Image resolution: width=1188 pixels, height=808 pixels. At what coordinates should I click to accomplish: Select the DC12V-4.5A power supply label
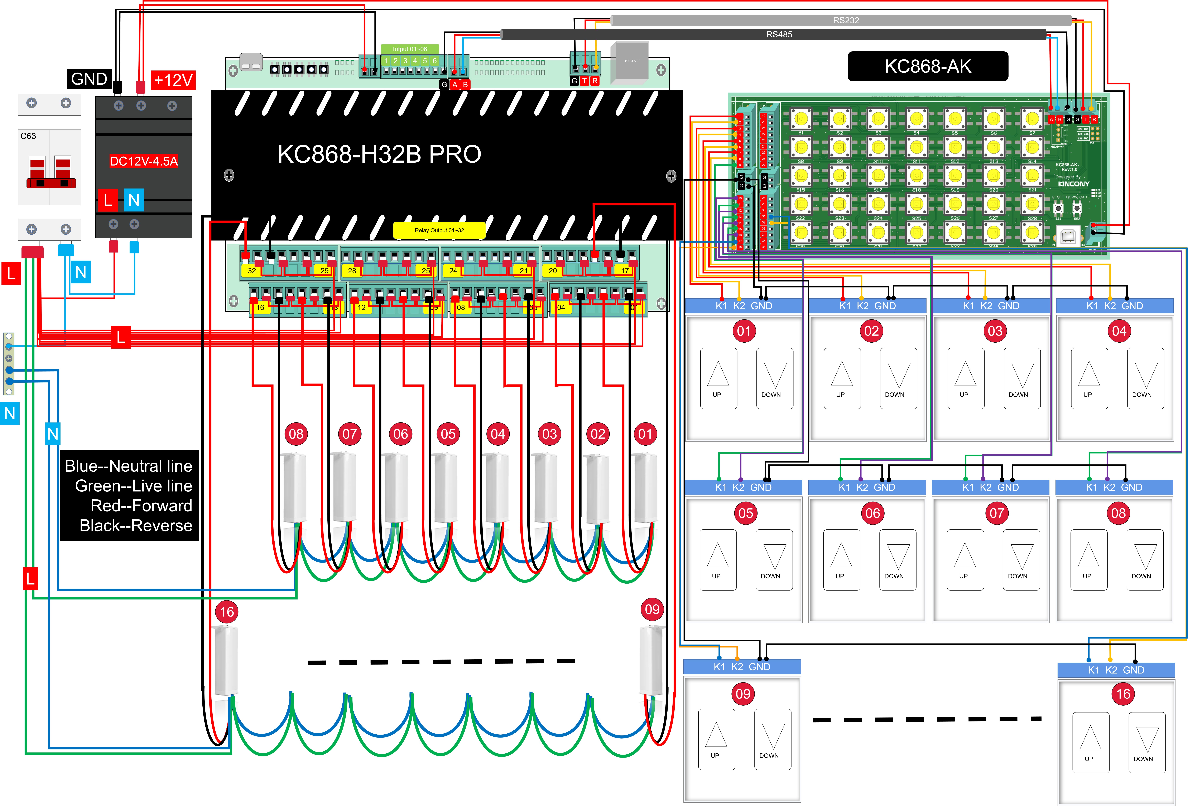(144, 162)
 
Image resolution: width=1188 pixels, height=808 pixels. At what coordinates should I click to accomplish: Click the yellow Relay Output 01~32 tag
(439, 230)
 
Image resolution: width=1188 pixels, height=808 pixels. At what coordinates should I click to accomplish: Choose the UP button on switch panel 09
(716, 739)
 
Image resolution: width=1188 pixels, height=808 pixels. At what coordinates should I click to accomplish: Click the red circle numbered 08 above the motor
(296, 434)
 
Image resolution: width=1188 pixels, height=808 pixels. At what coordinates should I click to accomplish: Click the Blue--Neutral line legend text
(128, 466)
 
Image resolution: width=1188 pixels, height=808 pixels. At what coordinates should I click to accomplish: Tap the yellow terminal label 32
(251, 271)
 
